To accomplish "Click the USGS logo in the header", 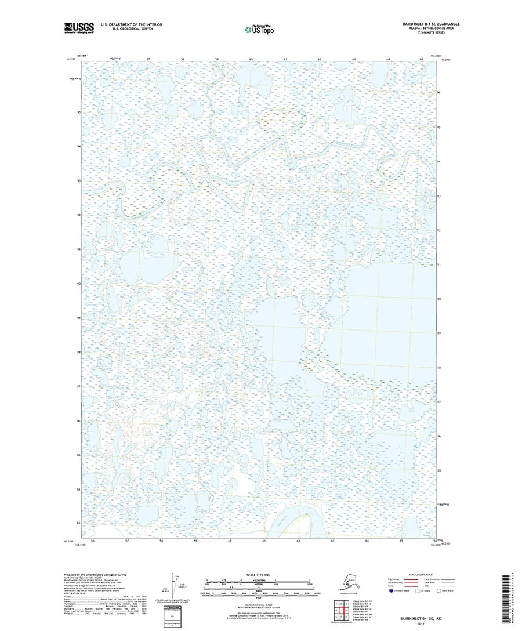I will tap(80, 27).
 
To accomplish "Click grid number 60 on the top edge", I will tap(251, 60).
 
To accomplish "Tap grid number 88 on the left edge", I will tap(78, 352).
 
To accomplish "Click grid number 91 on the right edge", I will tap(440, 264).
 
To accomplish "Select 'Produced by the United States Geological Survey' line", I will tap(95, 575).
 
